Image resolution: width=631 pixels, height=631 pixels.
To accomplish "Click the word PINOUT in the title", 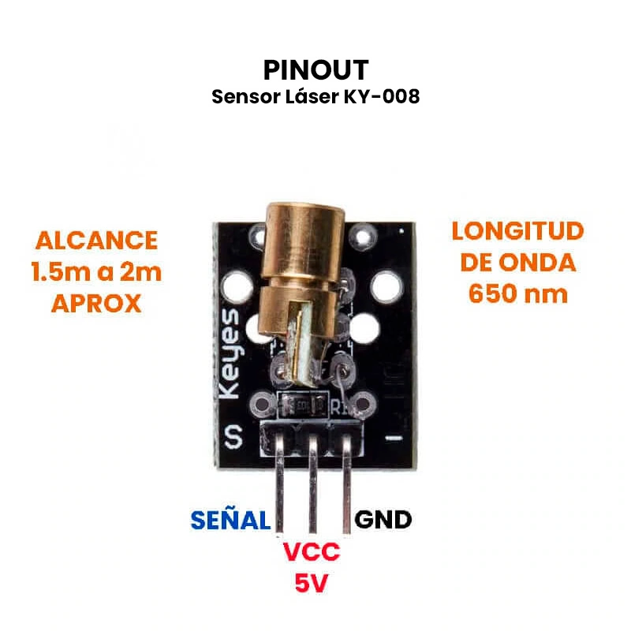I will (315, 69).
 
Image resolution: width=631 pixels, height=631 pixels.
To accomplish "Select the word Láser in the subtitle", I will (314, 97).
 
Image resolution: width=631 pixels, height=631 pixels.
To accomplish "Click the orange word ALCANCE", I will (96, 240).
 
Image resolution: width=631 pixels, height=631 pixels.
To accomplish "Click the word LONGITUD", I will (517, 231).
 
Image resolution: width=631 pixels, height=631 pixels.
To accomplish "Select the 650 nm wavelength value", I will (517, 293).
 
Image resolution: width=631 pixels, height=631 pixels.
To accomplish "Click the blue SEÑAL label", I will (230, 520).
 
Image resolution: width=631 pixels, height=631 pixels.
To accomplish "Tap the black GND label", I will (383, 520).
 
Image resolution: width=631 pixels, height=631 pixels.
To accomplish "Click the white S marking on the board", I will (234, 436).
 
